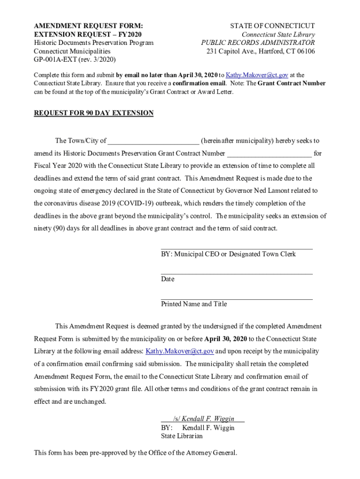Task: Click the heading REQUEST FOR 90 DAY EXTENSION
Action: (x=94, y=113)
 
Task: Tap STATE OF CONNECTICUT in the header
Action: (x=273, y=26)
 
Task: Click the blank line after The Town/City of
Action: (x=153, y=141)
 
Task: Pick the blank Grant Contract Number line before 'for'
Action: (x=269, y=154)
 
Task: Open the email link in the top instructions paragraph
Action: (x=257, y=75)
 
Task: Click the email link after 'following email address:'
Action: (x=180, y=351)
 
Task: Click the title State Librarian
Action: (x=182, y=436)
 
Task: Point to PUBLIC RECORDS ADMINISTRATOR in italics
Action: (x=258, y=43)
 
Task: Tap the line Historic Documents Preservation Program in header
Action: (x=94, y=43)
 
